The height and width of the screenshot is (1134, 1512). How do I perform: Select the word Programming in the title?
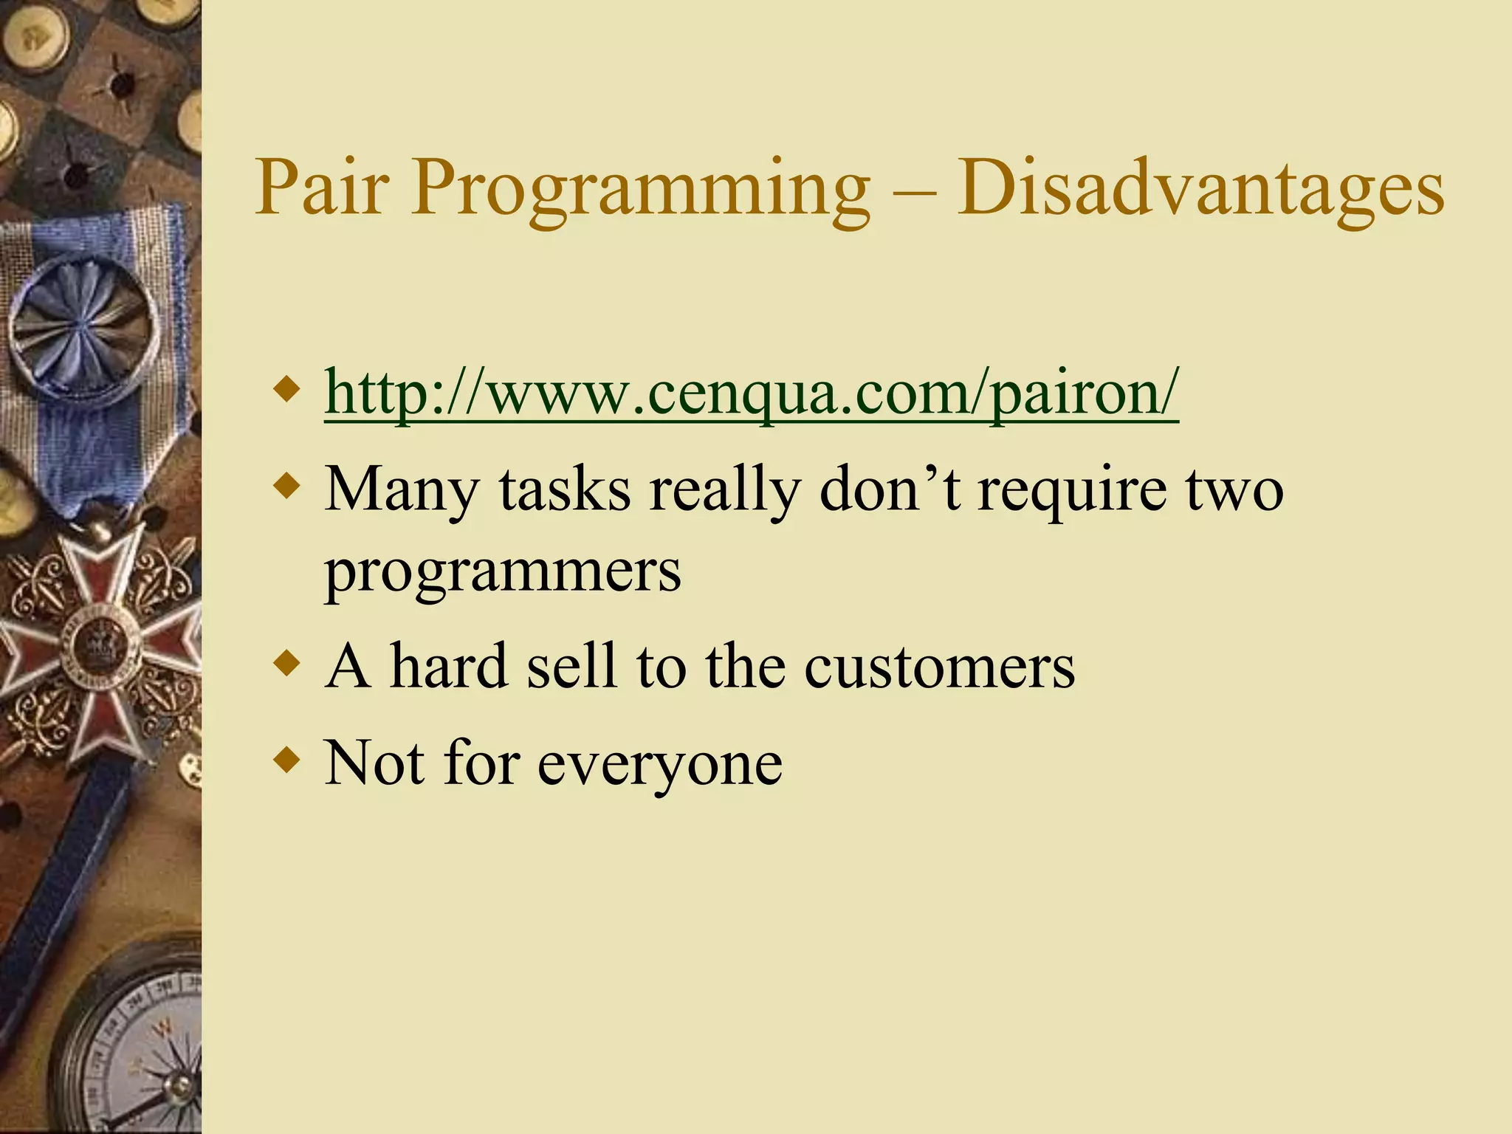point(640,190)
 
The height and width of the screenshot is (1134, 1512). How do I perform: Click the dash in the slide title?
point(914,193)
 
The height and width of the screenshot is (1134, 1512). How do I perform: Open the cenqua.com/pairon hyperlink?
point(751,394)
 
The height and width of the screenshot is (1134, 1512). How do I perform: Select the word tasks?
point(564,489)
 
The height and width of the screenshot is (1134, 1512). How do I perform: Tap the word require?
point(1073,491)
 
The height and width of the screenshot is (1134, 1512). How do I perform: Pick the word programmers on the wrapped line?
point(503,572)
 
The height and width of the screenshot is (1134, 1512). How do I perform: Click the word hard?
point(449,666)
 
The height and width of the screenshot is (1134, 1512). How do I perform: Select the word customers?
point(939,667)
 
